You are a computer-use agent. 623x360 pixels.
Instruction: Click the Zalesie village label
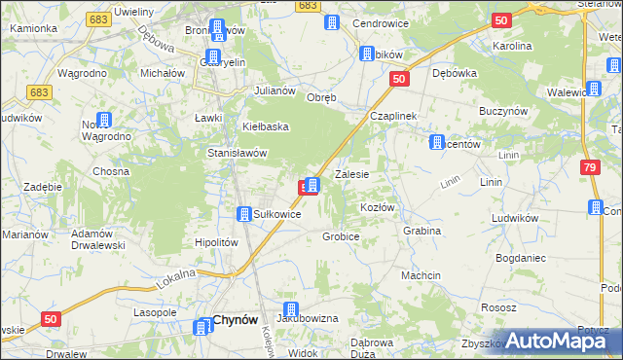pyautogui.click(x=351, y=175)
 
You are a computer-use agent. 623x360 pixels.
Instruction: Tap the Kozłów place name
pyautogui.click(x=377, y=208)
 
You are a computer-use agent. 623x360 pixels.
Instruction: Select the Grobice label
pyautogui.click(x=342, y=236)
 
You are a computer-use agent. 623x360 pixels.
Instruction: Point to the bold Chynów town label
pyautogui.click(x=235, y=319)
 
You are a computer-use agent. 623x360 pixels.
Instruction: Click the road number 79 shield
pyautogui.click(x=591, y=167)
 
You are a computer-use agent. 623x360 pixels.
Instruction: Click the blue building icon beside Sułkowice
pyautogui.click(x=245, y=214)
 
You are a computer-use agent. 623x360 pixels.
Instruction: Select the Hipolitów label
pyautogui.click(x=217, y=242)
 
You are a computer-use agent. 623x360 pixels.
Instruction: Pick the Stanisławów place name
pyautogui.click(x=238, y=153)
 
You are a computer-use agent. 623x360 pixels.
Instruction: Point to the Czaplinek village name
pyautogui.click(x=393, y=116)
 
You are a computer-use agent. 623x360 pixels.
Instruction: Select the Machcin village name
pyautogui.click(x=421, y=275)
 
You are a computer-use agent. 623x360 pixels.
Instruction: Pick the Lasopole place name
pyautogui.click(x=155, y=312)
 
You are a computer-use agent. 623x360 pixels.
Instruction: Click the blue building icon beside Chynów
pyautogui.click(x=200, y=327)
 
